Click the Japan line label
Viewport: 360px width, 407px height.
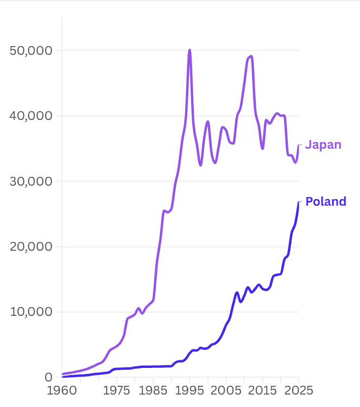(323, 145)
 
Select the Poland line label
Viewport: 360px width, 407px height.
(326, 202)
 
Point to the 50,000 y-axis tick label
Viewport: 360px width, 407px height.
(31, 50)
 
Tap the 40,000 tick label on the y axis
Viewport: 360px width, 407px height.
(31, 116)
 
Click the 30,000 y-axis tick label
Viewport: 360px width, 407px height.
(31, 181)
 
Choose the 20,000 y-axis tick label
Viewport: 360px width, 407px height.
(31, 246)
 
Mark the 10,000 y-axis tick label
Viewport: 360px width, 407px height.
(31, 312)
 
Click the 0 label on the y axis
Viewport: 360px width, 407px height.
(48, 377)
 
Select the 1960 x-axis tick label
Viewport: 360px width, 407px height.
(62, 391)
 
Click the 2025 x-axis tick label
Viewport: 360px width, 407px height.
(299, 391)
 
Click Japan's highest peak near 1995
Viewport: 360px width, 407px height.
(190, 50)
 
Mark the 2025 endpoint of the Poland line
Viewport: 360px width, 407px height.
(299, 202)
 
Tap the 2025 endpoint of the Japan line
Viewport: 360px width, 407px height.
(299, 145)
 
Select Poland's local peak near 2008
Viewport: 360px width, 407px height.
(237, 292)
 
